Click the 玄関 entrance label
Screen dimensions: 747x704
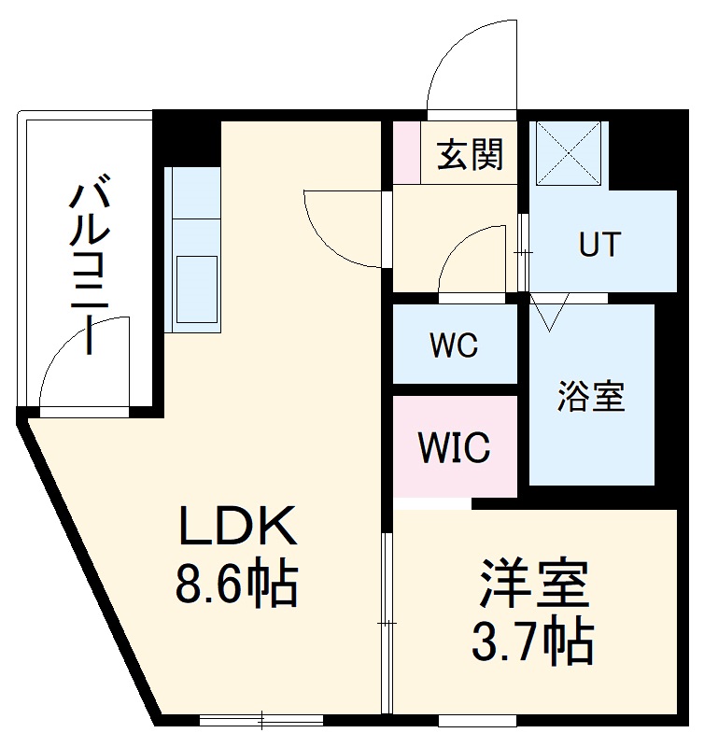pos(471,154)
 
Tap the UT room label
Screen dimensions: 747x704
pos(598,245)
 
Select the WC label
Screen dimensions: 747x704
pos(454,346)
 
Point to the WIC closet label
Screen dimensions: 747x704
pos(454,448)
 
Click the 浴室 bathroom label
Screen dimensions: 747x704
pos(591,396)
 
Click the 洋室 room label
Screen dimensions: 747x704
pos(534,585)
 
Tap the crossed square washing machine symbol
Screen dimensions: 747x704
pos(569,151)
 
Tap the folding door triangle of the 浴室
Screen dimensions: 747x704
pos(549,312)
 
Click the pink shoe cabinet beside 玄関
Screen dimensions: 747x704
pos(405,151)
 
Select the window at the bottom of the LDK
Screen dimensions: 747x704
pos(261,720)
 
